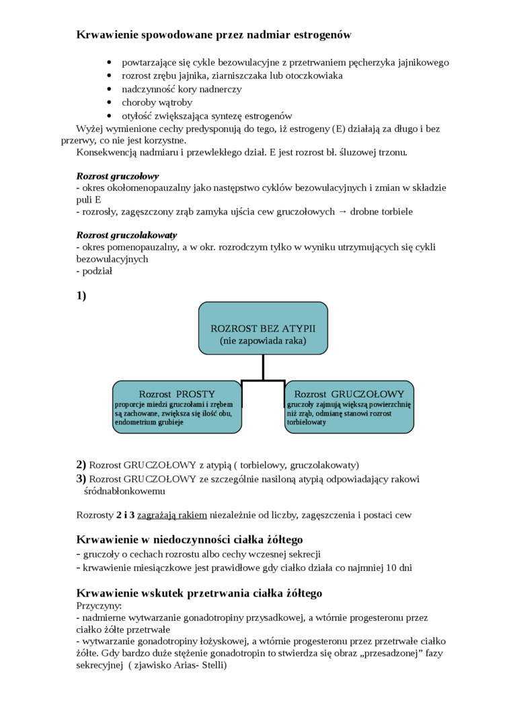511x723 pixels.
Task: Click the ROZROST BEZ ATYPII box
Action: click(x=263, y=328)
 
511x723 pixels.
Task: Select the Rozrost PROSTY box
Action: click(x=177, y=407)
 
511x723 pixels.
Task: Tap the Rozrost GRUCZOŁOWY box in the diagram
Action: click(x=349, y=407)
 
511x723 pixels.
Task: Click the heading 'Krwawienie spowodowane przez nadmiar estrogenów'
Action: click(x=214, y=34)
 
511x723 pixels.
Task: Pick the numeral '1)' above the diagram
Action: click(x=81, y=295)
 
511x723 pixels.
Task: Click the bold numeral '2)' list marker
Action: click(x=81, y=465)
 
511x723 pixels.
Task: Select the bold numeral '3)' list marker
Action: click(x=81, y=479)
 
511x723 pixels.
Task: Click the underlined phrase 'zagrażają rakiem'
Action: click(x=172, y=515)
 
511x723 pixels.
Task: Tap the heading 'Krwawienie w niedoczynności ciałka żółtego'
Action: click(x=190, y=540)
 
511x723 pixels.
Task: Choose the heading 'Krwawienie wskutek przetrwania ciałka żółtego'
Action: click(x=199, y=593)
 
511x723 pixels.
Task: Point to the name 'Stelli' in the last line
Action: click(x=211, y=666)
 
